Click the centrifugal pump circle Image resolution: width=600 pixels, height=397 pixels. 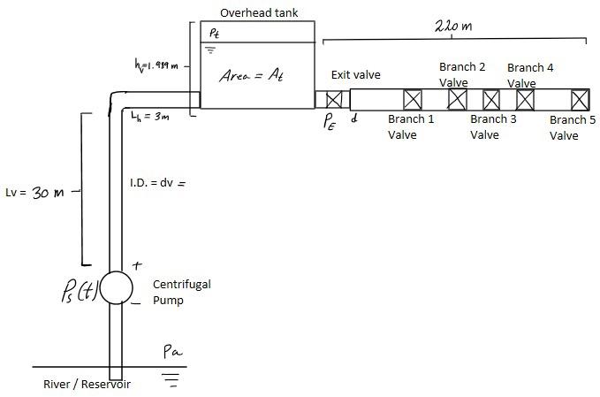click(116, 288)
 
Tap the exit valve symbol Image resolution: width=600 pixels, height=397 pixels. click(334, 99)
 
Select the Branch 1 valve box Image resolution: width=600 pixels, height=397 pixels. click(413, 99)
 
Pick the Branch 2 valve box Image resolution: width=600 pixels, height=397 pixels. click(457, 99)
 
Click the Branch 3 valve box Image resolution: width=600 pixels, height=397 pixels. click(491, 99)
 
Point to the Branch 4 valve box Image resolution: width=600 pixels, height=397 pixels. click(526, 99)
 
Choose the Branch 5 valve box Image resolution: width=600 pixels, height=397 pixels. click(579, 99)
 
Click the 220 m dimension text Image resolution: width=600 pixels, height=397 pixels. click(453, 26)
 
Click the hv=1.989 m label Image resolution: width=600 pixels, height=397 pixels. click(156, 65)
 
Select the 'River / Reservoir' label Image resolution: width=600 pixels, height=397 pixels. click(87, 385)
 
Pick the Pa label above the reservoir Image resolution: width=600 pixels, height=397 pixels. click(173, 351)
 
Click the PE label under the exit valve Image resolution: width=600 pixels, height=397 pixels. click(330, 124)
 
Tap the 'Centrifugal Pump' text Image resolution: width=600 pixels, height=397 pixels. click(182, 292)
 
